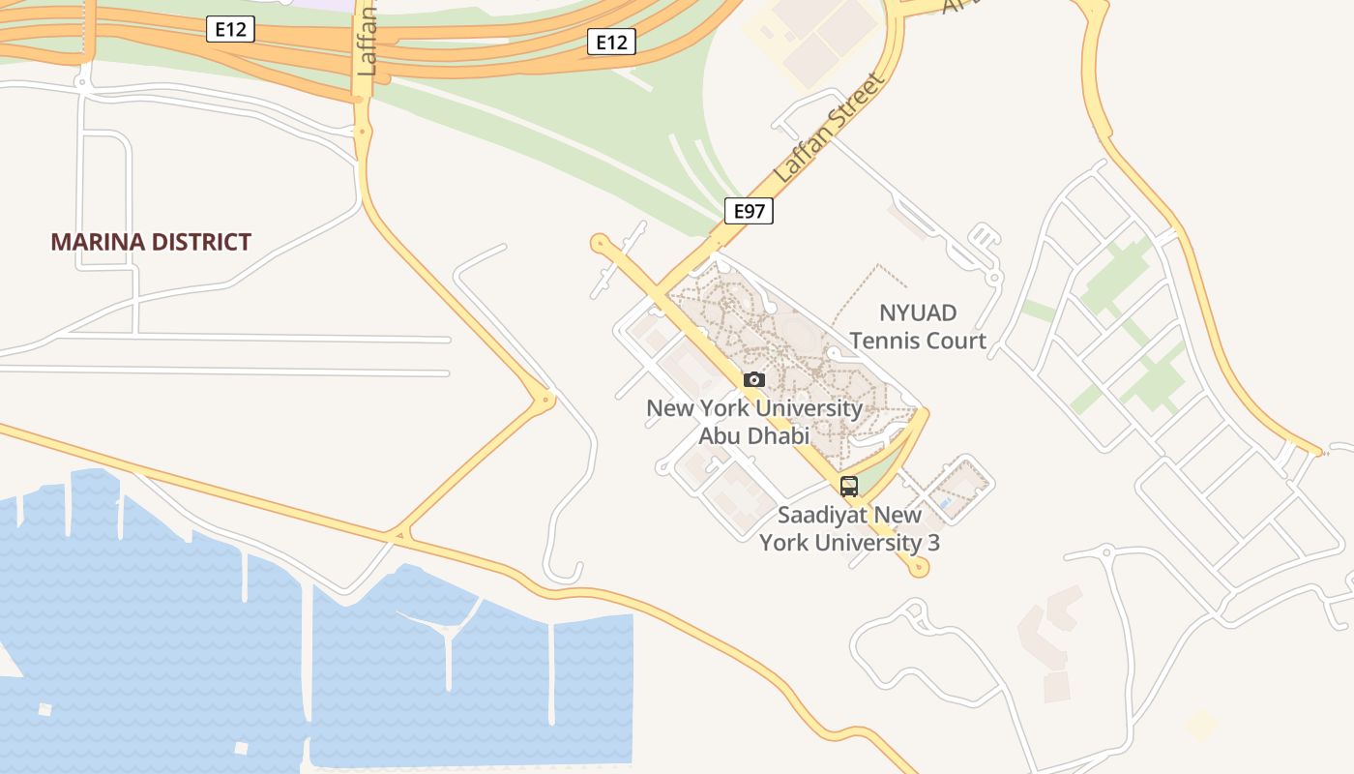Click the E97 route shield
point(749,211)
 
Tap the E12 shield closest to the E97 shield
point(611,42)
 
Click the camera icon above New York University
point(754,379)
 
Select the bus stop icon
point(849,487)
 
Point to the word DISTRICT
point(205,242)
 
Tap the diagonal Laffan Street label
point(830,130)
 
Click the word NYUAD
point(917,313)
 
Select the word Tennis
point(885,341)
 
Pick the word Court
point(957,341)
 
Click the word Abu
point(719,435)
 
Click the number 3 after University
point(933,542)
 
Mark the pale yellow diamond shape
point(1201,724)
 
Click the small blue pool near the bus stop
point(944,504)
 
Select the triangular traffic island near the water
point(398,534)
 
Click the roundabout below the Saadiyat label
point(918,569)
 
